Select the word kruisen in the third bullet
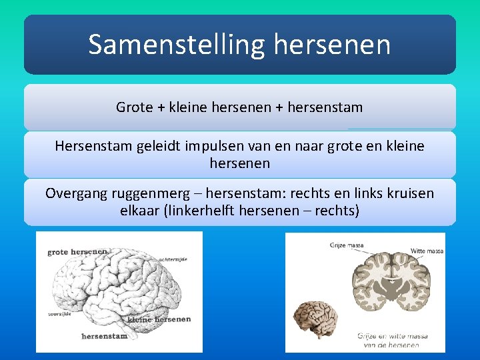(x=408, y=194)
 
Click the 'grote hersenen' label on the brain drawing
(x=77, y=252)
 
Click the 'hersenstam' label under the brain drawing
(x=104, y=336)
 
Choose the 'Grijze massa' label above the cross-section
(x=346, y=245)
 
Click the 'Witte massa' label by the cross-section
(x=427, y=251)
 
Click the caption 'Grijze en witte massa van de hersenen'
(x=391, y=340)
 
